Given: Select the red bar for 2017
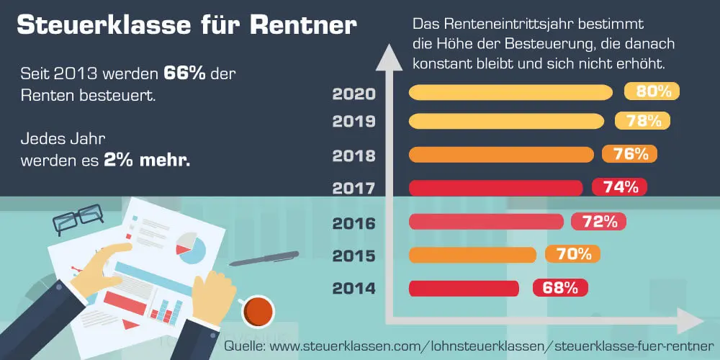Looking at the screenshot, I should coord(495,188).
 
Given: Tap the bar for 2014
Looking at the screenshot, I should coord(464,288).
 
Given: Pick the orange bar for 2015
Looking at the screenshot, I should coord(472,254).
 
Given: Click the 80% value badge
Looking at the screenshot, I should coord(652,91).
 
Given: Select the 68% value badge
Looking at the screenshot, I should coord(560,288).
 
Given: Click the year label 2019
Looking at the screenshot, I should coord(354,121).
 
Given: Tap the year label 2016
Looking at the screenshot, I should coord(354,222).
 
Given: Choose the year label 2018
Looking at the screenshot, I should coord(354,155).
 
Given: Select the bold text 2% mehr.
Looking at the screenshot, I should coord(148,160).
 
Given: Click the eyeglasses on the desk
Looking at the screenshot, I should coord(78,218).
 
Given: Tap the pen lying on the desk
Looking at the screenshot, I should coord(264,258).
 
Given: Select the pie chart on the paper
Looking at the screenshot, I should coord(192,248).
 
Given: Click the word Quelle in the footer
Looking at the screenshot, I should coord(244,346).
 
